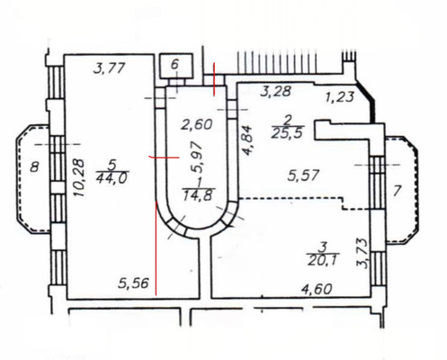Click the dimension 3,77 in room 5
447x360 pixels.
[x=109, y=68]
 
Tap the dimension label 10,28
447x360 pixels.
[x=80, y=177]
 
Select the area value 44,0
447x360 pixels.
[x=112, y=178]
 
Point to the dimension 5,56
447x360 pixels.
[x=133, y=283]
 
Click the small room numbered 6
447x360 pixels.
[x=175, y=64]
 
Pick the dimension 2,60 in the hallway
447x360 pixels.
[x=197, y=124]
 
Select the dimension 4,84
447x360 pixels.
[x=248, y=140]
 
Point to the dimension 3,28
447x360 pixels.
[x=276, y=91]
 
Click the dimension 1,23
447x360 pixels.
[x=341, y=97]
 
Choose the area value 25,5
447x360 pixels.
[x=287, y=133]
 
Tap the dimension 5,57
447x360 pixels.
[x=303, y=175]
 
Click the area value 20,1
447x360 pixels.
[x=323, y=260]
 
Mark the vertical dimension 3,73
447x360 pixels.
[x=362, y=254]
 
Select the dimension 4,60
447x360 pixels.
[x=317, y=289]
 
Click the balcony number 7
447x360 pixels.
[x=397, y=191]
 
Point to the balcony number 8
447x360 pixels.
[x=35, y=166]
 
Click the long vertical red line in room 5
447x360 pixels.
[x=156, y=248]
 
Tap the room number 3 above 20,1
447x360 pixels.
[x=323, y=247]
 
